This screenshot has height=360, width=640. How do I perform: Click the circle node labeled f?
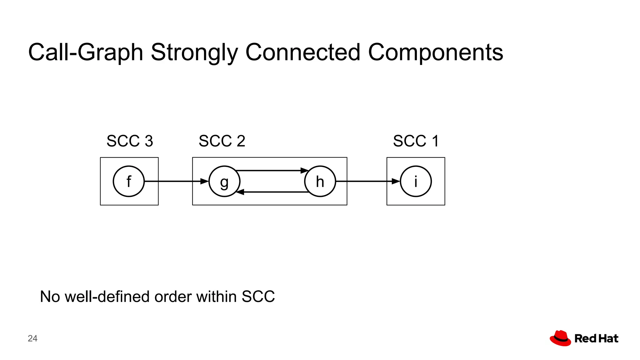pyautogui.click(x=128, y=181)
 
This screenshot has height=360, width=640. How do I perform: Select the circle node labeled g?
pyautogui.click(x=224, y=181)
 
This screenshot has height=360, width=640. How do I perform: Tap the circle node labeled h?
pyautogui.click(x=320, y=181)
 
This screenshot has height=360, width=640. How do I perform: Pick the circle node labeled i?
pyautogui.click(x=416, y=181)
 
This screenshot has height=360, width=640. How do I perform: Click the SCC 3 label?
pyautogui.click(x=130, y=141)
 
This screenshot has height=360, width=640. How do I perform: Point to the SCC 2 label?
pyautogui.click(x=222, y=141)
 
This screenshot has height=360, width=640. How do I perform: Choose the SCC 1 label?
pyautogui.click(x=416, y=141)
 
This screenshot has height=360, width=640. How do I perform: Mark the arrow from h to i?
pyautogui.click(x=367, y=181)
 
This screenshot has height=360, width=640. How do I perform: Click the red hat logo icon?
pyautogui.click(x=560, y=338)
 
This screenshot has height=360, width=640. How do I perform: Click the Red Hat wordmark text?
pyautogui.click(x=596, y=338)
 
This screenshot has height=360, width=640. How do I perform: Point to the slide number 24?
pyautogui.click(x=32, y=338)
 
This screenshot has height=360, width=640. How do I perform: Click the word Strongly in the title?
pyautogui.click(x=194, y=52)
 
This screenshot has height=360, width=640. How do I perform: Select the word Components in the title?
pyautogui.click(x=435, y=52)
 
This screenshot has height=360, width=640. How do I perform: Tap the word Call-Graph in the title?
pyautogui.click(x=86, y=52)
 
